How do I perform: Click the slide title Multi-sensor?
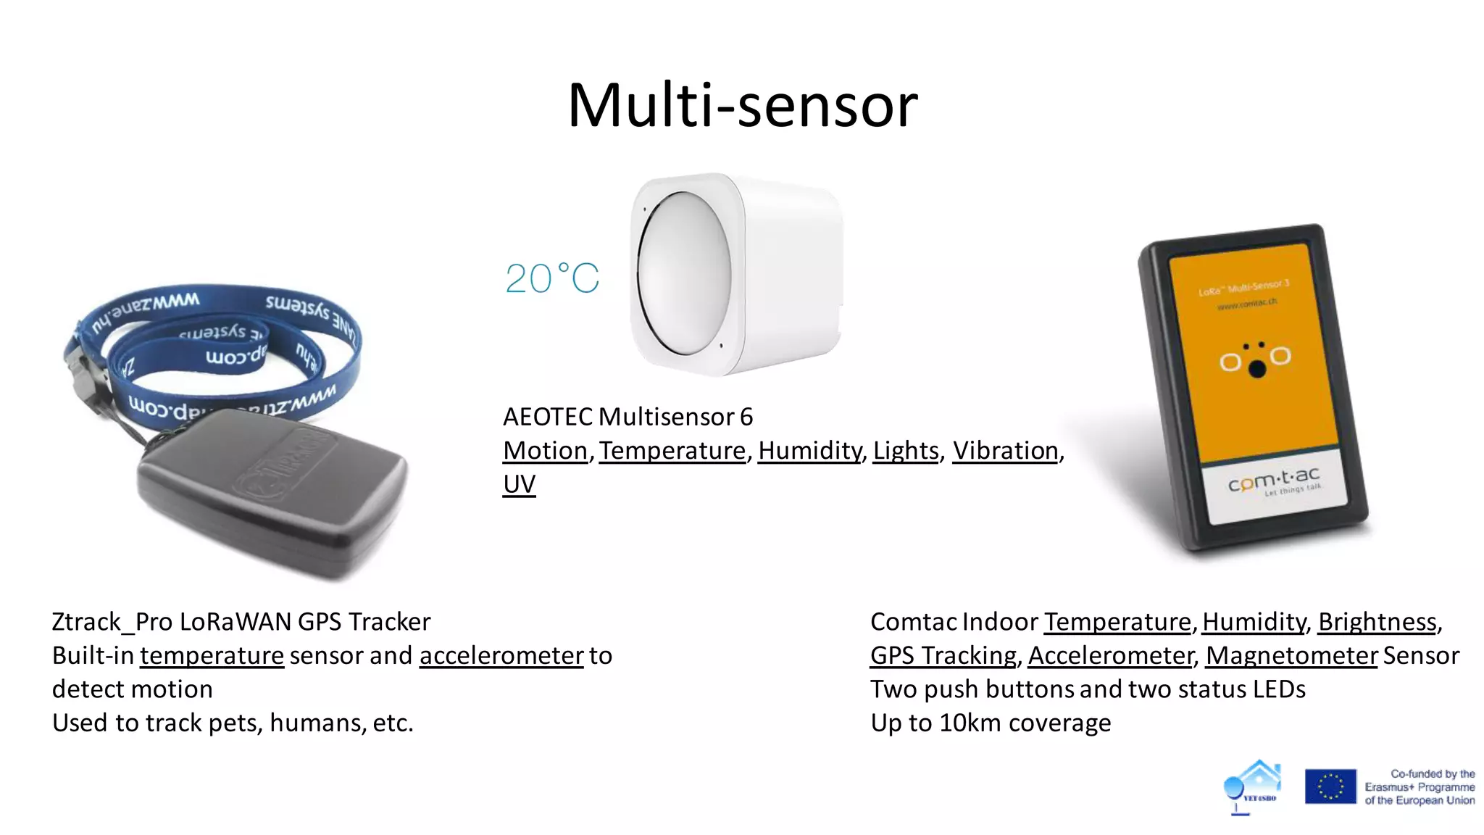742,106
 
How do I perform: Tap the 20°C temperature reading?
552,279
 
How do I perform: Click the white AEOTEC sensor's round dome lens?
683,274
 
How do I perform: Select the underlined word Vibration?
1005,451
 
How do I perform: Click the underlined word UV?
519,484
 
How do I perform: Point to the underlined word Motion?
545,451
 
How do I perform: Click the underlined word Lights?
906,451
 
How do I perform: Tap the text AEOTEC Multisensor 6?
628,417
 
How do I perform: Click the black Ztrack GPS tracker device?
272,493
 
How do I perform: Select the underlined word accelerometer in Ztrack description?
501,656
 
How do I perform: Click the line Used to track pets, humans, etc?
233,723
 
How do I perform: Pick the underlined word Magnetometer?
1291,656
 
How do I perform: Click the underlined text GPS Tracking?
943,656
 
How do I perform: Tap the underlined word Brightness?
1377,622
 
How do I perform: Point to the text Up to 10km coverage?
991,723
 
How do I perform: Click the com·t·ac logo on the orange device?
1274,481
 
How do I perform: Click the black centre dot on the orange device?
1257,370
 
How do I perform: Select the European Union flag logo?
1330,786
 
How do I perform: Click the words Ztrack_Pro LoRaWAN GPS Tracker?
241,622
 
